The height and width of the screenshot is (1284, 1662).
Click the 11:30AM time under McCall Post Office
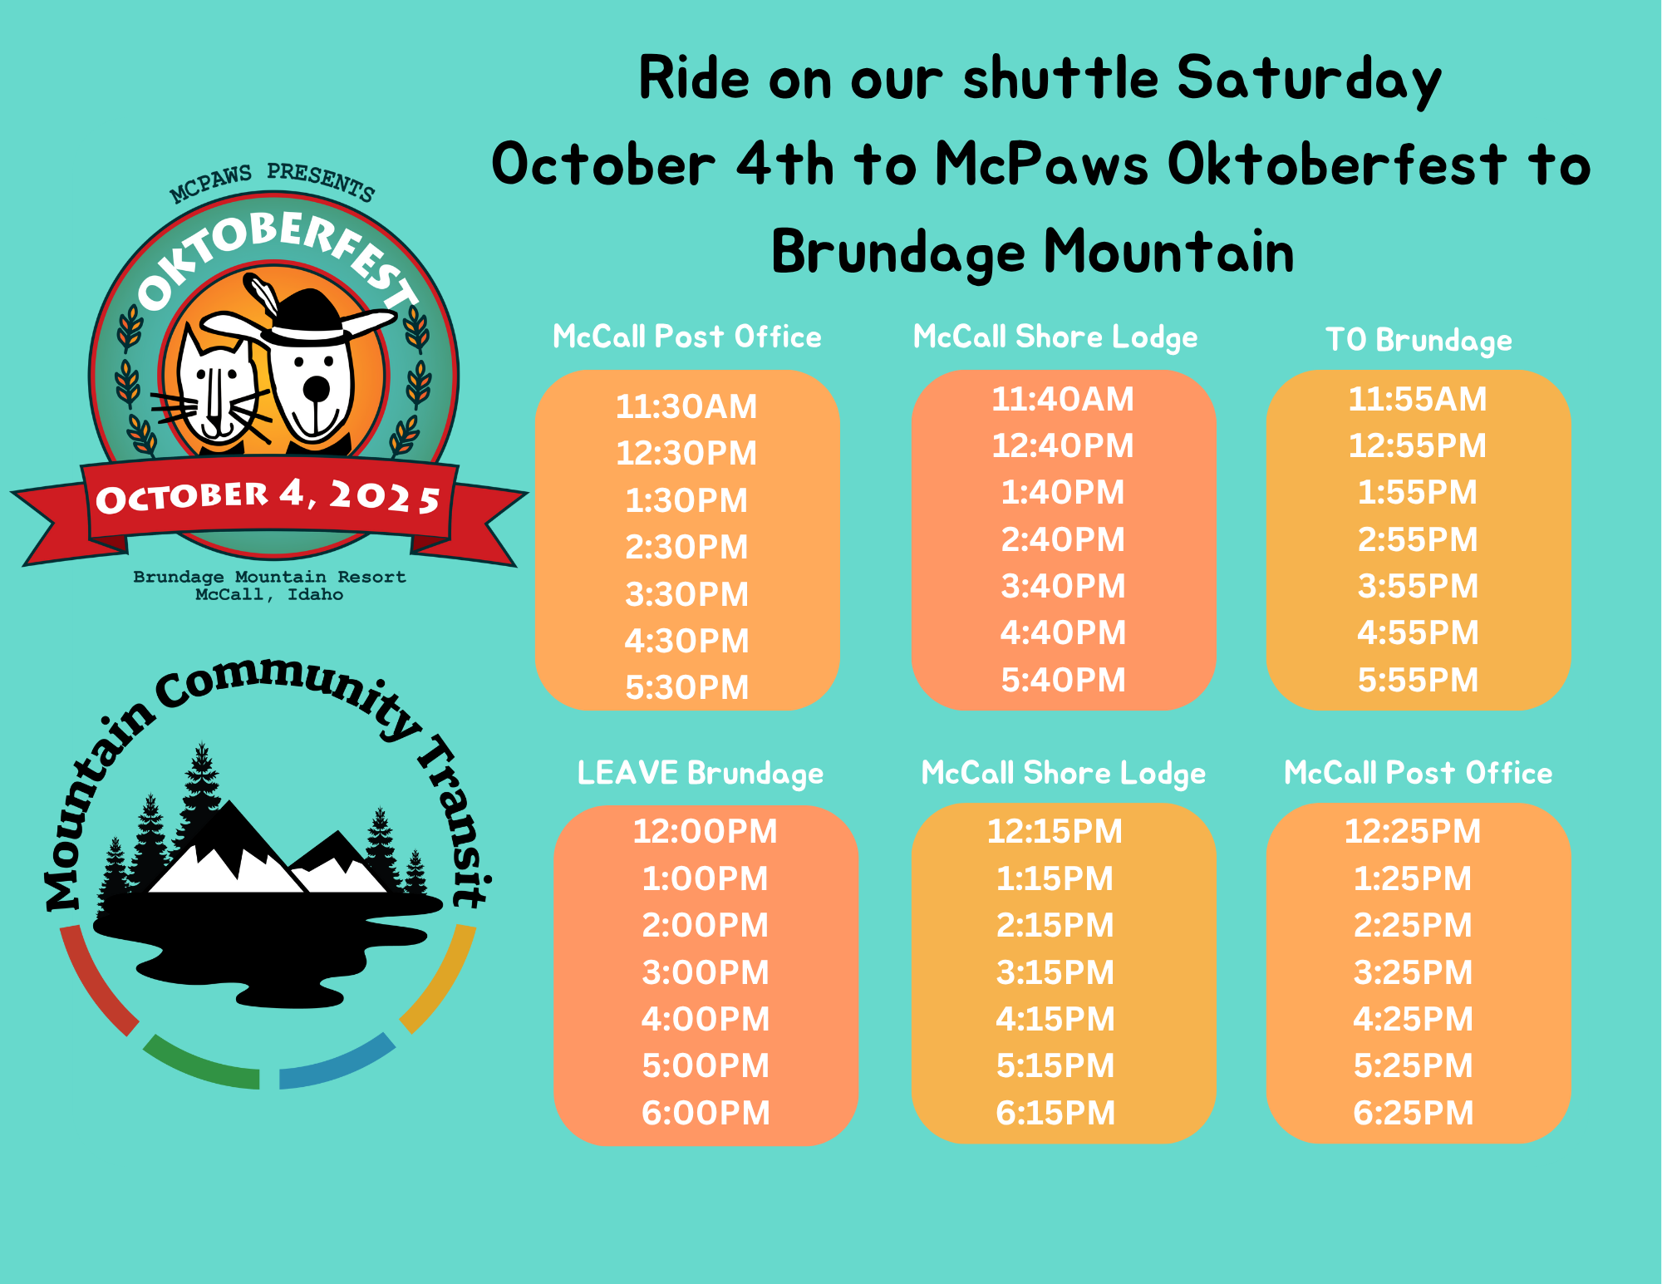(x=686, y=406)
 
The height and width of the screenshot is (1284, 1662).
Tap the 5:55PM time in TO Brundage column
(x=1418, y=680)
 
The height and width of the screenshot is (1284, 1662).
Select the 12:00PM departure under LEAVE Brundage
(x=705, y=831)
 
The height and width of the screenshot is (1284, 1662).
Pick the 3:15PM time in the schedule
(x=1055, y=972)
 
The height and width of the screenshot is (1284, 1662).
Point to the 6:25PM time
(x=1413, y=1113)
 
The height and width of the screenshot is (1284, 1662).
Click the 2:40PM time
(x=1063, y=539)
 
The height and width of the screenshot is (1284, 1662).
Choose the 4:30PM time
(x=686, y=641)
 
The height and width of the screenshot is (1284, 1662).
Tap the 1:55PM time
(x=1418, y=492)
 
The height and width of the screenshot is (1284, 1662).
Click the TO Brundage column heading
(x=1419, y=340)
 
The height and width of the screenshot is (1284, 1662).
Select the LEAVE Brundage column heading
(x=701, y=773)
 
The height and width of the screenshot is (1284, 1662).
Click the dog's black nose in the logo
(x=316, y=387)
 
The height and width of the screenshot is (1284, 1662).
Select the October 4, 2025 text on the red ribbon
(x=268, y=497)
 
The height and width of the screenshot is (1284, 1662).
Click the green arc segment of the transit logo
(x=199, y=1065)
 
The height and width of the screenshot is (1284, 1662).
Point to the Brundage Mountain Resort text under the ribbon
(x=269, y=577)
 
